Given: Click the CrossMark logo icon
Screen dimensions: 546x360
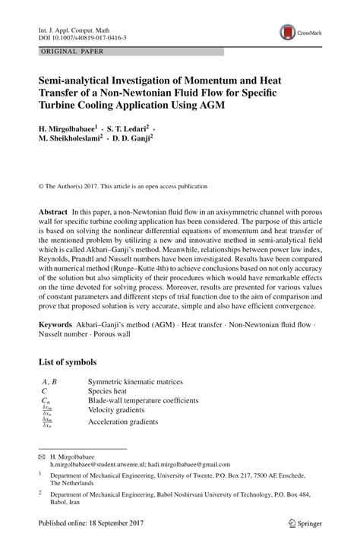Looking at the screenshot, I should click(x=289, y=32).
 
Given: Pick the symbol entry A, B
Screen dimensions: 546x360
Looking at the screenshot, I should click(x=50, y=381).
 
